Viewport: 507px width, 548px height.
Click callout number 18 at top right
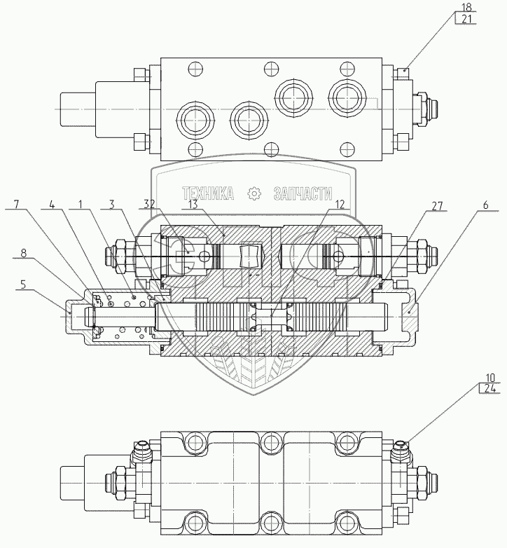(x=466, y=7)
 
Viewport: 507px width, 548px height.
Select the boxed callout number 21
(x=466, y=18)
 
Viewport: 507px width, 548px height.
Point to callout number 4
(x=52, y=204)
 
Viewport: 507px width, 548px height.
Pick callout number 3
(x=112, y=204)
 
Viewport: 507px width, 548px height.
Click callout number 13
(x=193, y=205)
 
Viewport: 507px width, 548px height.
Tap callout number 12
(x=340, y=205)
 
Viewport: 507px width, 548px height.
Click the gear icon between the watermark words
(x=254, y=194)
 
